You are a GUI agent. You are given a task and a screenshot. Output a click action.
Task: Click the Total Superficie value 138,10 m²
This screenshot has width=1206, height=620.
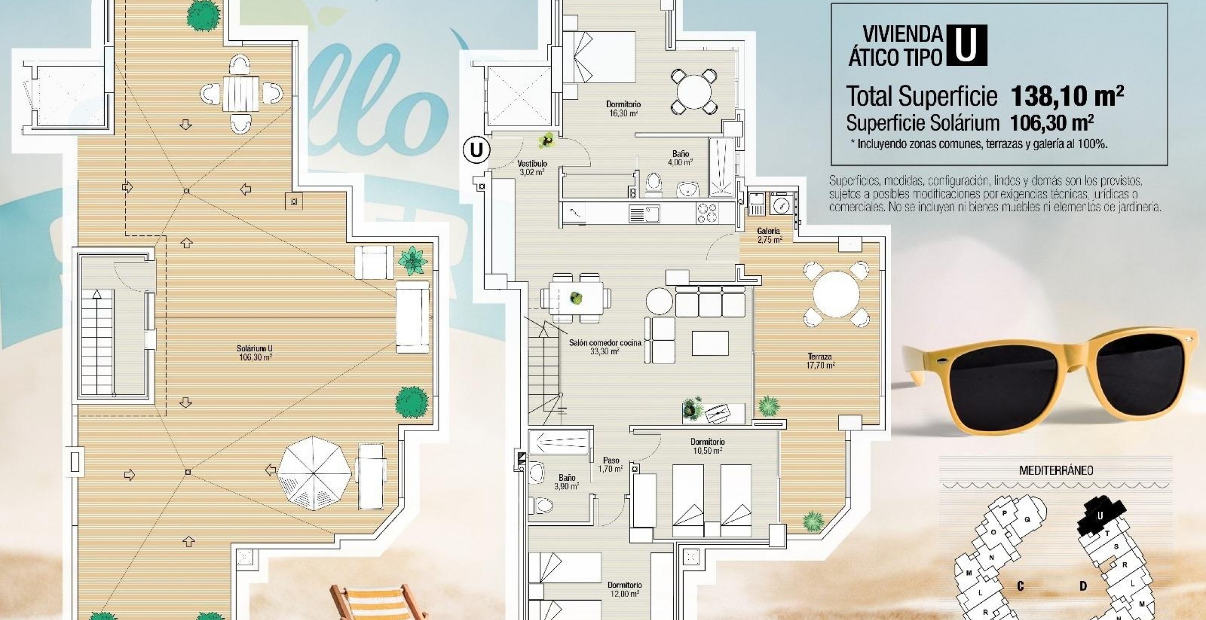pyautogui.click(x=1067, y=96)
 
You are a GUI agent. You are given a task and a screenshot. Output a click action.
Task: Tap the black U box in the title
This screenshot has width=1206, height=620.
pyautogui.click(x=965, y=46)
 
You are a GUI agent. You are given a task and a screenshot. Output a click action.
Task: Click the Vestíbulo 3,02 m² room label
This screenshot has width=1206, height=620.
pyautogui.click(x=532, y=168)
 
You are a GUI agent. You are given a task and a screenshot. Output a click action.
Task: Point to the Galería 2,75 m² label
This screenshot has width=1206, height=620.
pyautogui.click(x=769, y=235)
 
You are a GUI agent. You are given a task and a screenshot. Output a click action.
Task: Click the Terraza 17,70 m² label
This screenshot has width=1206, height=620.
pyautogui.click(x=820, y=361)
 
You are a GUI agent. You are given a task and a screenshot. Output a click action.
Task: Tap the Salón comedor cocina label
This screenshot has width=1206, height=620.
pyautogui.click(x=605, y=347)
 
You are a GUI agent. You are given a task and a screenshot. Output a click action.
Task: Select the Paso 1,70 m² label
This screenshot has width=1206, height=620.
pyautogui.click(x=610, y=465)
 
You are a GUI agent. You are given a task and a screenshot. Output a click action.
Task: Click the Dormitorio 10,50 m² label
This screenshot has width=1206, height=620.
pyautogui.click(x=707, y=446)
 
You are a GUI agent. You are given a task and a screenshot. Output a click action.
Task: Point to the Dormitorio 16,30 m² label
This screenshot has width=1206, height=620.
pyautogui.click(x=623, y=108)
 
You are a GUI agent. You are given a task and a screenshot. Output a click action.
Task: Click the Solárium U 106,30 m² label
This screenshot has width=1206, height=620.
pyautogui.click(x=254, y=353)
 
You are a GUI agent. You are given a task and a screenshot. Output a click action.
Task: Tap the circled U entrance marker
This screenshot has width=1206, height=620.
pyautogui.click(x=476, y=150)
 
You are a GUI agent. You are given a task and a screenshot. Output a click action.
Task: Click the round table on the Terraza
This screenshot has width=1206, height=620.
pyautogui.click(x=836, y=294)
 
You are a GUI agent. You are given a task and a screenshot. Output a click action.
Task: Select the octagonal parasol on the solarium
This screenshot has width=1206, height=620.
pyautogui.click(x=314, y=473)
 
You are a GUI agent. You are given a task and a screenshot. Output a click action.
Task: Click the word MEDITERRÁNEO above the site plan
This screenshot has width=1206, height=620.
pyautogui.click(x=1056, y=470)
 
